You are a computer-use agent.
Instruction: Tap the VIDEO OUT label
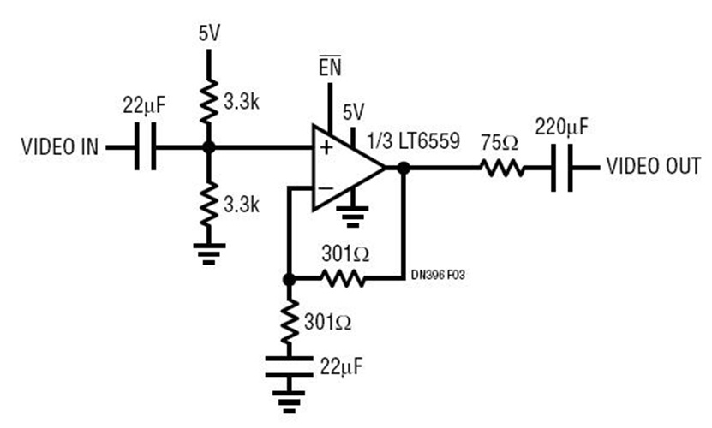654,165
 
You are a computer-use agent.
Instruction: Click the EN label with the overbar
330,68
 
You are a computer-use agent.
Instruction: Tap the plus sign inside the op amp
326,148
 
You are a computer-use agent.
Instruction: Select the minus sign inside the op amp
326,187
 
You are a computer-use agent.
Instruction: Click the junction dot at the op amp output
404,166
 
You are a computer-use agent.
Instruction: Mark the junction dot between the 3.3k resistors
207,147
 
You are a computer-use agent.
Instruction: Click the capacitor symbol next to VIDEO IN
143,147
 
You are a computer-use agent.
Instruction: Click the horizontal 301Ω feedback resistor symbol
343,278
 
